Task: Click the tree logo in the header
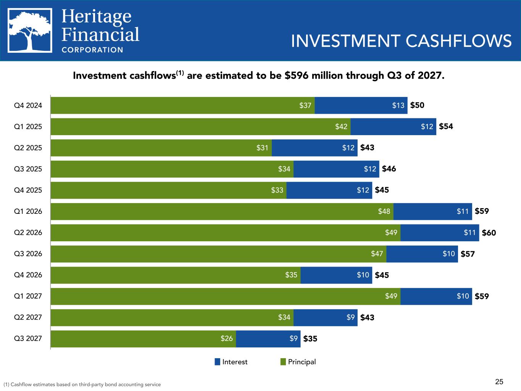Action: pyautogui.click(x=30, y=31)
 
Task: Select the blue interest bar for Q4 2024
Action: pyautogui.click(x=361, y=105)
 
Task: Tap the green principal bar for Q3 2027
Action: pyautogui.click(x=143, y=339)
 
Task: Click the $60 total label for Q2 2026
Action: pyautogui.click(x=489, y=233)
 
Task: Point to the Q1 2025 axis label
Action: pyautogui.click(x=28, y=126)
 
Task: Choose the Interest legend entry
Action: pyautogui.click(x=231, y=362)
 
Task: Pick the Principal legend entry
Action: pyautogui.click(x=298, y=362)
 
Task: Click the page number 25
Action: pyautogui.click(x=499, y=381)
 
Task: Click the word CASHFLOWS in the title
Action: pyautogui.click(x=458, y=41)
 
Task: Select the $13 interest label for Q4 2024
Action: pyautogui.click(x=398, y=105)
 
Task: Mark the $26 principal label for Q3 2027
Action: pyautogui.click(x=227, y=339)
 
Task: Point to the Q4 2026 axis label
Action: pyautogui.click(x=28, y=275)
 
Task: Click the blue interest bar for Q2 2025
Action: pyautogui.click(x=315, y=148)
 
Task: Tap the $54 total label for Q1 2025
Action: pyautogui.click(x=446, y=126)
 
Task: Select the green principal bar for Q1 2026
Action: pyautogui.click(x=222, y=212)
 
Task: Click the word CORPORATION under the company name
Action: pyautogui.click(x=92, y=50)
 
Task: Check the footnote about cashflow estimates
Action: pyautogui.click(x=82, y=385)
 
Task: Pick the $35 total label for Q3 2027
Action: pyautogui.click(x=310, y=339)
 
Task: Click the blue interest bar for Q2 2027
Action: pyautogui.click(x=325, y=317)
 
